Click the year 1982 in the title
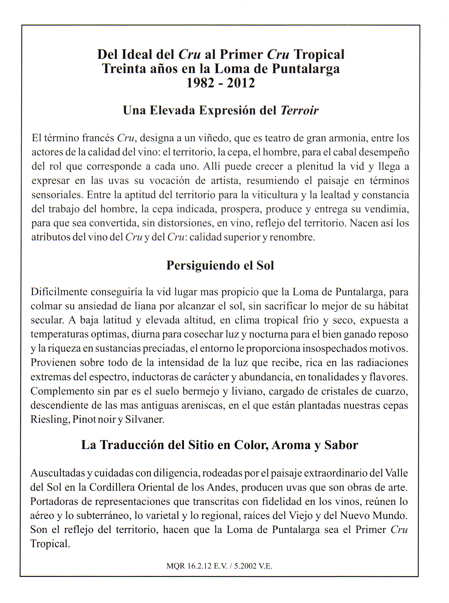tap(200, 83)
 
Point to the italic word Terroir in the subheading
tap(299, 110)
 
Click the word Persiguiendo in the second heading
tap(203, 265)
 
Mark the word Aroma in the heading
tap(291, 445)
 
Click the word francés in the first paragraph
tap(98, 138)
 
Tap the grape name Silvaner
tap(144, 420)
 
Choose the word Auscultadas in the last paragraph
tap(58, 473)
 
